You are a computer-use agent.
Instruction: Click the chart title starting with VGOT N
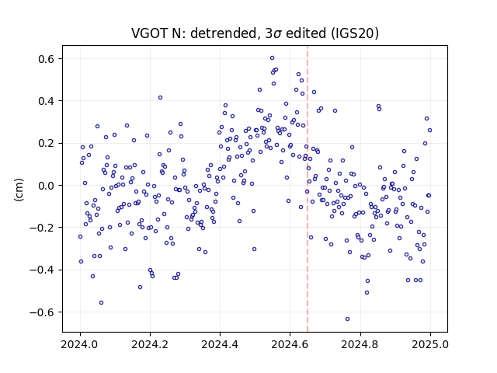click(x=255, y=33)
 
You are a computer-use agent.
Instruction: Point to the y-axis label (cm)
click(x=19, y=190)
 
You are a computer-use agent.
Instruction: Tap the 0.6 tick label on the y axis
click(x=47, y=59)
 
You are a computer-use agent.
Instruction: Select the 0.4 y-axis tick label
click(x=47, y=101)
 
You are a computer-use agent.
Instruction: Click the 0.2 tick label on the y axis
click(x=47, y=143)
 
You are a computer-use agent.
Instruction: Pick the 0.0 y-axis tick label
click(x=47, y=186)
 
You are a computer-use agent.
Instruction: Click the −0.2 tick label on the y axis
click(x=43, y=228)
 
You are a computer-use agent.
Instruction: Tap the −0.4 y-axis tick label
click(x=43, y=270)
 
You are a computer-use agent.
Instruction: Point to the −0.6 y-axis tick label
click(x=43, y=312)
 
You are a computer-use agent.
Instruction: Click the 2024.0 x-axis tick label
click(x=80, y=344)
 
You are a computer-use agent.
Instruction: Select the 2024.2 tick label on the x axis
click(x=150, y=344)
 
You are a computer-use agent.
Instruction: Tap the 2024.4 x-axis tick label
click(x=220, y=344)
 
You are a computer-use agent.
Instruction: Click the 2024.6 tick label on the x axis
click(x=290, y=344)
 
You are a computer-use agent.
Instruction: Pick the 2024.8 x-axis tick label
click(x=360, y=344)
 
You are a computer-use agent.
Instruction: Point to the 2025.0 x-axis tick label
click(x=430, y=344)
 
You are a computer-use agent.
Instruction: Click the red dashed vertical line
click(x=308, y=189)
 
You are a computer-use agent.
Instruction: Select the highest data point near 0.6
click(x=272, y=58)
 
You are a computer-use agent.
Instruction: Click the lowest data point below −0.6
click(x=347, y=319)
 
